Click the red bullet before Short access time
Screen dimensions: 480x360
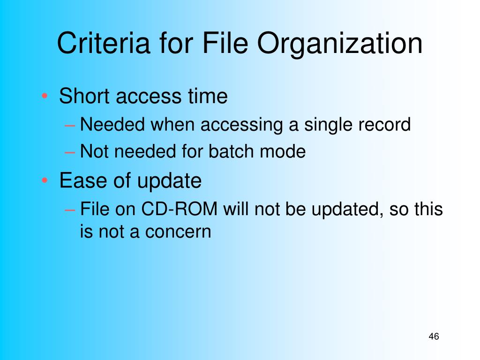(45, 96)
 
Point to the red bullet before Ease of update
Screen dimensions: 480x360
(45, 180)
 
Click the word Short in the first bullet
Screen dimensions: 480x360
(84, 96)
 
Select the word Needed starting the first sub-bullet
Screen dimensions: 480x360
(112, 125)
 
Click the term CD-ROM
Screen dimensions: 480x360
(180, 209)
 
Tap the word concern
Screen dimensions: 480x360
(178, 232)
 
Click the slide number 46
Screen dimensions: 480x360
(434, 336)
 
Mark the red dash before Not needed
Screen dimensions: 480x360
(70, 152)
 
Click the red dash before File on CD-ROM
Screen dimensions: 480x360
(70, 210)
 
